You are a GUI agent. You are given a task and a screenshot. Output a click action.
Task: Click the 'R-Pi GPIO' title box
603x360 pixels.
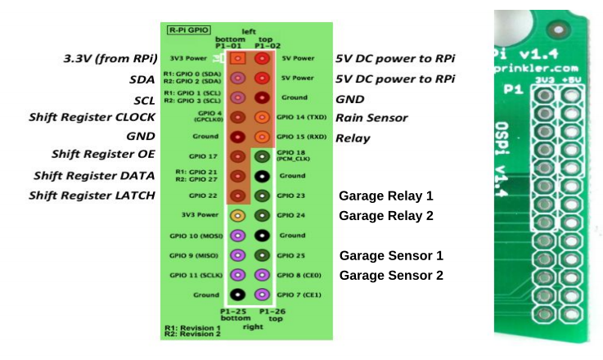pos(187,29)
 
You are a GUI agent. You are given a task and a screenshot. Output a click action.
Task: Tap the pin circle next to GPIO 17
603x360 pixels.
pos(237,156)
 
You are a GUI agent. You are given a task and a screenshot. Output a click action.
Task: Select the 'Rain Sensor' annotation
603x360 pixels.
pos(371,117)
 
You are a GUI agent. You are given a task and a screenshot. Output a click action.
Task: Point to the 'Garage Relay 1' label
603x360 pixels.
pos(385,196)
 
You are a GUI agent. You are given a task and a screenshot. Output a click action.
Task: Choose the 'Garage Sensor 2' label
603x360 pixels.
pos(391,275)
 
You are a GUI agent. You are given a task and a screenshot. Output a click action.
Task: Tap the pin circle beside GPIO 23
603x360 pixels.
pos(262,196)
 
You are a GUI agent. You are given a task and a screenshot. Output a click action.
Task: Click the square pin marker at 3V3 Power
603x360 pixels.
pos(237,59)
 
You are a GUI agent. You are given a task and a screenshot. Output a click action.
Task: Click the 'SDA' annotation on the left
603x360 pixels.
pos(142,79)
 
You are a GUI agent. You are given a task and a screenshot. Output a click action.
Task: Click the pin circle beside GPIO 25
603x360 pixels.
pos(262,255)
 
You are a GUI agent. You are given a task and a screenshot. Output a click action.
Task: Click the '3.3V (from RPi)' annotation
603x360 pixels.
pos(109,59)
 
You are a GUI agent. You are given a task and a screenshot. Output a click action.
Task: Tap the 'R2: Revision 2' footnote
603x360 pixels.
pos(193,334)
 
